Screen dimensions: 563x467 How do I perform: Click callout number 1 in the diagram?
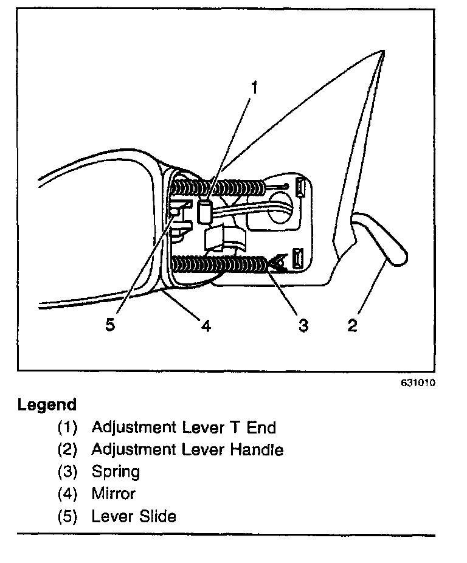tap(255, 88)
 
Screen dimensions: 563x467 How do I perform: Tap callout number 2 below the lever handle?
tap(352, 325)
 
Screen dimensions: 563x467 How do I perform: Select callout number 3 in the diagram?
tap(303, 325)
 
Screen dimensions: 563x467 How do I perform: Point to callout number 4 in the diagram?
tap(206, 326)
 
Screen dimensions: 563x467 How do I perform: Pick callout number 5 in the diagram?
tap(110, 325)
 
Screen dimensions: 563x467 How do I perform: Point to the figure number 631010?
tap(418, 383)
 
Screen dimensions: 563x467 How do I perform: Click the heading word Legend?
tap(47, 404)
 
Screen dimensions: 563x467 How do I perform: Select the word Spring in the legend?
tap(116, 472)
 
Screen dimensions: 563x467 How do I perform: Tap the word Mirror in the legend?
tap(113, 494)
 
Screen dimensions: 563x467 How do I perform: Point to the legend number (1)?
tap(68, 427)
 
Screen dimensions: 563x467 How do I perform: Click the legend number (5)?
tap(68, 516)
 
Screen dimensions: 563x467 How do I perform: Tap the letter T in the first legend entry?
tap(234, 427)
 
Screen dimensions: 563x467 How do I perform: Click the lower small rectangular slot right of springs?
tap(297, 258)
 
